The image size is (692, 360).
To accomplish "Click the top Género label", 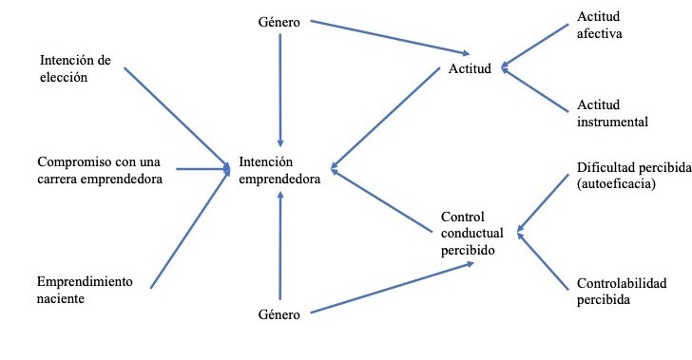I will [x=279, y=21].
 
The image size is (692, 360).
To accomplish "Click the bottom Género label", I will [x=279, y=313].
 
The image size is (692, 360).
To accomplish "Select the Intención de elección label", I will [x=75, y=68].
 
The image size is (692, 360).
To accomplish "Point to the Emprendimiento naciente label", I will [x=84, y=290].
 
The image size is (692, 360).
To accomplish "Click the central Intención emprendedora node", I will [x=280, y=169].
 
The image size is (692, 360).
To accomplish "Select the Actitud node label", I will [x=470, y=70].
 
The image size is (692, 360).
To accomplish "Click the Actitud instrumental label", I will [x=613, y=113].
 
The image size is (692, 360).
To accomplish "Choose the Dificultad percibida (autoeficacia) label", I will [x=632, y=176].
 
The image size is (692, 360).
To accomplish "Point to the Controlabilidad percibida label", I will [x=622, y=292].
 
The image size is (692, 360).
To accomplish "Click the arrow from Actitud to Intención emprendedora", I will [x=391, y=122].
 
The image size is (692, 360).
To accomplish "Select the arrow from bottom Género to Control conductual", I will [x=394, y=287].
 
